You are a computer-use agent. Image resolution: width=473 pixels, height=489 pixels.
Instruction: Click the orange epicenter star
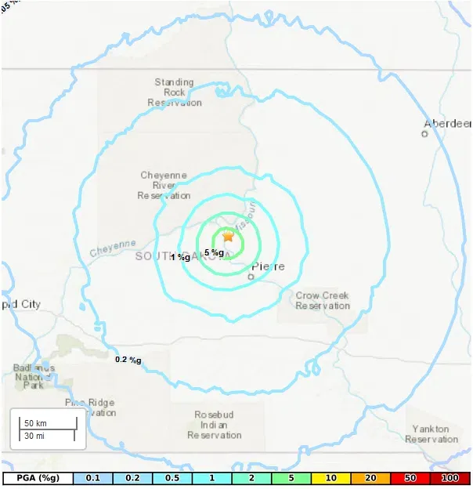click(228, 236)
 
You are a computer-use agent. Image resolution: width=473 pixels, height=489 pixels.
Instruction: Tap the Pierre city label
click(268, 266)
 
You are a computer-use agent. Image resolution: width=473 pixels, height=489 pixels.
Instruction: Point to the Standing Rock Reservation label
click(175, 92)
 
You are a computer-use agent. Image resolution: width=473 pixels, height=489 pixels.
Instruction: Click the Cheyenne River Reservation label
click(164, 185)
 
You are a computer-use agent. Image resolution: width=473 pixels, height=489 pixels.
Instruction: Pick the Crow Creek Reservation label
click(323, 301)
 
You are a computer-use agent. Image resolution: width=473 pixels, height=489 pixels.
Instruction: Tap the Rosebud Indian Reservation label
click(215, 424)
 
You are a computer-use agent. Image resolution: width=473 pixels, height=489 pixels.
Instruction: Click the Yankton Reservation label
click(431, 434)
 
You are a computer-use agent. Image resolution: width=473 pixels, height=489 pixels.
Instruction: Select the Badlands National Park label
click(34, 376)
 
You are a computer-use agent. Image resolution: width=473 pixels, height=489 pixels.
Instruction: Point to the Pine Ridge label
click(90, 407)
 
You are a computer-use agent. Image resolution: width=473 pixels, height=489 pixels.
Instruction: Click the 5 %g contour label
click(214, 252)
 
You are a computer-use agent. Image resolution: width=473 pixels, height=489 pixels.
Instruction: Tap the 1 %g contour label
click(180, 257)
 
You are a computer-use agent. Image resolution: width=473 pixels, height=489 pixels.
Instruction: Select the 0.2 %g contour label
click(128, 360)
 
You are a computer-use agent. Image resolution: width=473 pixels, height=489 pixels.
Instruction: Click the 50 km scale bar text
click(36, 423)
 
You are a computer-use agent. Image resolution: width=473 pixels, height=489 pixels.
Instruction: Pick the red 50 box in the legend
click(410, 477)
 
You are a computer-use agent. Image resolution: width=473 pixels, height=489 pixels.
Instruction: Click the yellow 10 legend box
click(330, 477)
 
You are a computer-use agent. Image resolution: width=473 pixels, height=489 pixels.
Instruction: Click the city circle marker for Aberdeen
click(424, 134)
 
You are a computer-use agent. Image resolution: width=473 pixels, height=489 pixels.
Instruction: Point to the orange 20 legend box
click(370, 477)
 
